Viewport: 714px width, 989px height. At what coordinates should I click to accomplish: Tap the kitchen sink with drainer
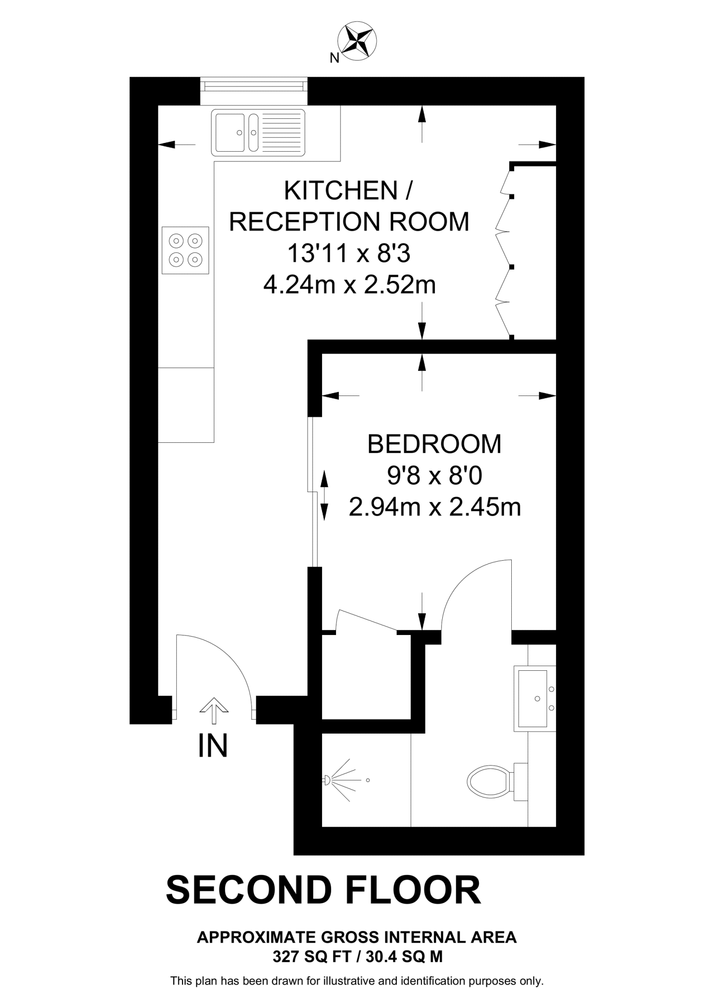click(258, 132)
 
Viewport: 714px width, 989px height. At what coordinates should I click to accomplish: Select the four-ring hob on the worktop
click(185, 250)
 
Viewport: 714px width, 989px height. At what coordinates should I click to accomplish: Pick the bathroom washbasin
click(535, 698)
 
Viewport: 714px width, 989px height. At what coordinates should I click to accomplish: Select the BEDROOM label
click(434, 444)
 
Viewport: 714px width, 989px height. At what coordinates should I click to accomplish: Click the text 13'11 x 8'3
click(349, 253)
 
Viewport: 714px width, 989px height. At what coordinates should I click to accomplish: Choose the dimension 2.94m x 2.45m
click(435, 508)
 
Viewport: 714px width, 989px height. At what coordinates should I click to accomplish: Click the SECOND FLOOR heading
click(323, 890)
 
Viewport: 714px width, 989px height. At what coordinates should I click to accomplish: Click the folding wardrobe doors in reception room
click(505, 250)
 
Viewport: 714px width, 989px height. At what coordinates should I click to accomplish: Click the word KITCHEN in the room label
click(340, 190)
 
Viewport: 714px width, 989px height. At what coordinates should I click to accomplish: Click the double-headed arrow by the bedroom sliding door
click(324, 495)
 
